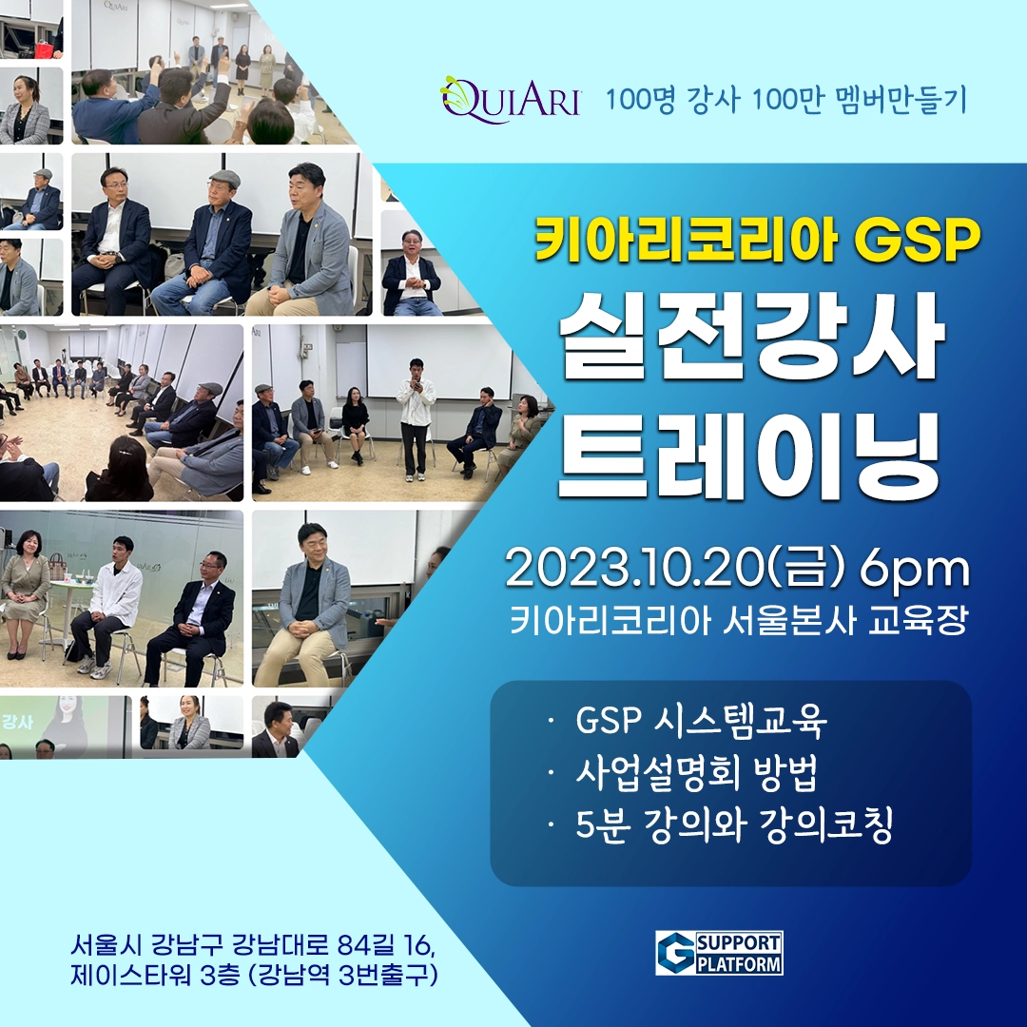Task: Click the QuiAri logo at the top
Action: (x=511, y=100)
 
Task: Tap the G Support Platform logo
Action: (x=719, y=953)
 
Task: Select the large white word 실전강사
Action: (x=751, y=338)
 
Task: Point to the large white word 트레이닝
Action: (x=750, y=451)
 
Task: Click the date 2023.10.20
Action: (x=632, y=570)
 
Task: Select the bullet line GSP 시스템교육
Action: (x=702, y=721)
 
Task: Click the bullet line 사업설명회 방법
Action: (x=697, y=773)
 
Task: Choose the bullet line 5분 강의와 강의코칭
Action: (x=734, y=826)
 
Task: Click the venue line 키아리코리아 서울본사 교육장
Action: (x=738, y=620)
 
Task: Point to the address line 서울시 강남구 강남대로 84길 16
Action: (x=252, y=946)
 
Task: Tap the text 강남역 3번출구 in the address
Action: (x=344, y=976)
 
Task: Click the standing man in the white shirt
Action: (x=416, y=417)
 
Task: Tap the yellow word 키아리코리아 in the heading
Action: (x=686, y=242)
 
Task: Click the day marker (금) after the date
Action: (x=807, y=570)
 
